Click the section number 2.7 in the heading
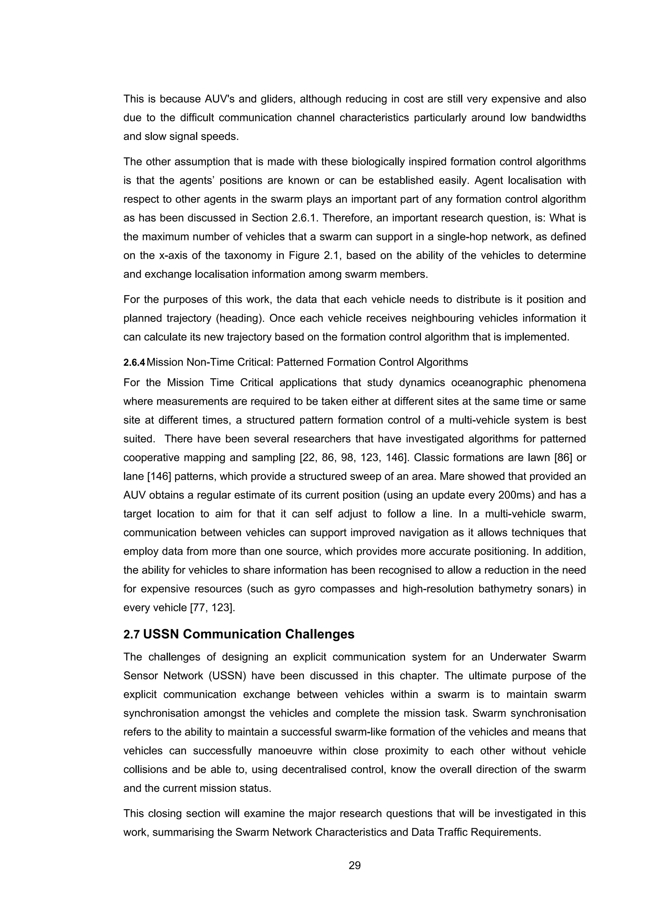coord(131,634)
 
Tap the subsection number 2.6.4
coord(134,362)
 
